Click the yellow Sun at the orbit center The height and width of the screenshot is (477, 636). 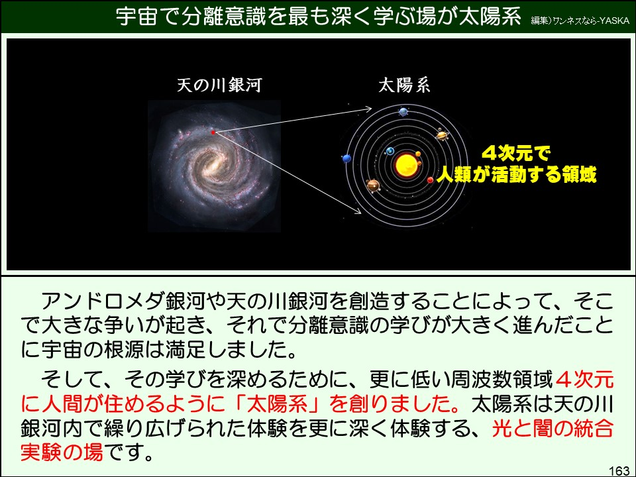401,164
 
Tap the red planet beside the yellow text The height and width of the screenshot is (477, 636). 431,180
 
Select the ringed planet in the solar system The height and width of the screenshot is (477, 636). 442,135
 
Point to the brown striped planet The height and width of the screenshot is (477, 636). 373,185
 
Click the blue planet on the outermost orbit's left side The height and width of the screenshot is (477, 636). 346,158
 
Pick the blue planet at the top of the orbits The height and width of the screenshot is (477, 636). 403,111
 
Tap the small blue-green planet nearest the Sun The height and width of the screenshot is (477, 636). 391,152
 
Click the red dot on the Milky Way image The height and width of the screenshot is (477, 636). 213,132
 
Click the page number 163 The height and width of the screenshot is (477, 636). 619,470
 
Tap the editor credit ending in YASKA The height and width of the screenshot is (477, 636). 580,20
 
